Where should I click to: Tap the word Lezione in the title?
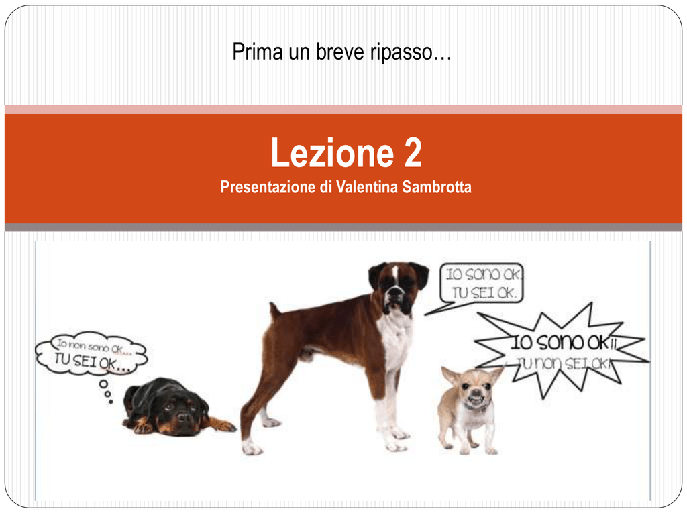(x=333, y=152)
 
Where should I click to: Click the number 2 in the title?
(x=413, y=152)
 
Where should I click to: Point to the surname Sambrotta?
(x=437, y=187)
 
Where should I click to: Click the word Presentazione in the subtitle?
(x=268, y=187)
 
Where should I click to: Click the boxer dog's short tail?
(x=274, y=312)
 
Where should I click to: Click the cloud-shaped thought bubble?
(x=91, y=353)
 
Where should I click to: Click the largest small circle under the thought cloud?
(x=103, y=384)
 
